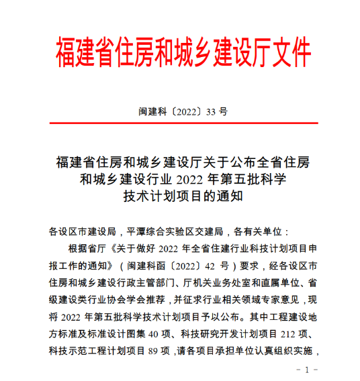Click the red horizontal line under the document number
point(180,124)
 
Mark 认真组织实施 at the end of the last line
point(283,349)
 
